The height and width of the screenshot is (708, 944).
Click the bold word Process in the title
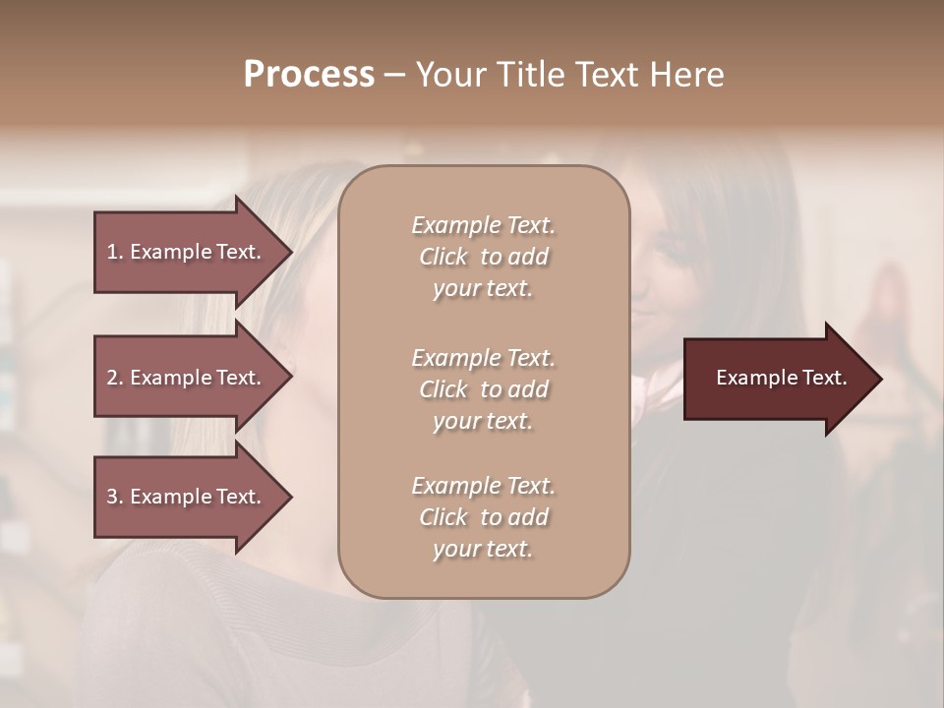pyautogui.click(x=309, y=75)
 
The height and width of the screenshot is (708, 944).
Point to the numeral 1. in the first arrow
pyautogui.click(x=115, y=252)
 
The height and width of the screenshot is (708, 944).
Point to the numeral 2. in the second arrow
pyautogui.click(x=115, y=378)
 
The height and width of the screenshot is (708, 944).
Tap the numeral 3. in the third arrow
pyautogui.click(x=115, y=497)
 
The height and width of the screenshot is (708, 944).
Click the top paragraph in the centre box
pyautogui.click(x=483, y=257)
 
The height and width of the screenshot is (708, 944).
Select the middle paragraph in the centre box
pyautogui.click(x=483, y=389)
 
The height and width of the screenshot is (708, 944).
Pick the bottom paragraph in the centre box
pyautogui.click(x=483, y=517)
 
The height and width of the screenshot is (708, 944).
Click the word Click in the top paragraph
pyautogui.click(x=443, y=257)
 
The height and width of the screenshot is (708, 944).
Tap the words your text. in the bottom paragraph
pyautogui.click(x=483, y=549)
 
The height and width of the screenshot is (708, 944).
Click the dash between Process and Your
pyautogui.click(x=394, y=75)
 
